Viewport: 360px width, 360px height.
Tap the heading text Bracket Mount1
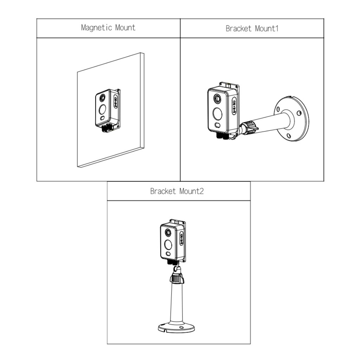tap(252, 28)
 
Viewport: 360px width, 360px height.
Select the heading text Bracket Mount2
tap(177, 191)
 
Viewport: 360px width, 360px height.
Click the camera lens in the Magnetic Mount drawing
tap(103, 97)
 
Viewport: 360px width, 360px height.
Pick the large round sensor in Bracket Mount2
tap(168, 245)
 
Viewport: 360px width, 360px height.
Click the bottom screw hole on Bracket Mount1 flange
tap(288, 136)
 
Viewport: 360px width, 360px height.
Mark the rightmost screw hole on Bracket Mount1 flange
tap(298, 113)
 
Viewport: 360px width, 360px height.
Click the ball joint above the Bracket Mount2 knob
tap(178, 270)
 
